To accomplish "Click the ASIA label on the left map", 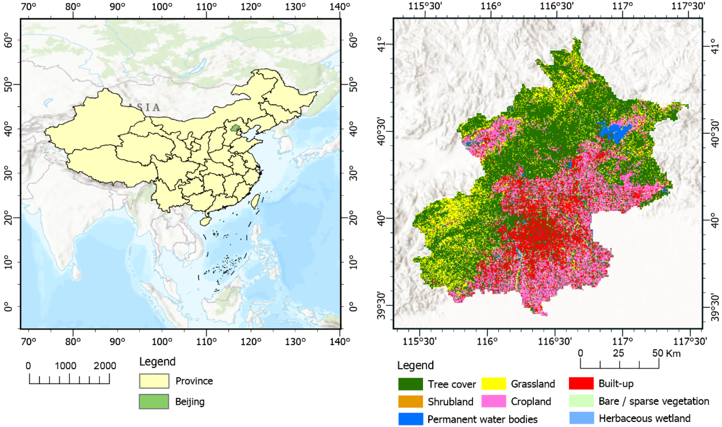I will coord(144,107).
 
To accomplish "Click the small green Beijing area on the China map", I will coord(236,128).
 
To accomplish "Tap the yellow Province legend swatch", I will coord(154,381).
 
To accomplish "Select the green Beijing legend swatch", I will coord(154,401).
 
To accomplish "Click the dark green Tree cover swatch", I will coord(410,384).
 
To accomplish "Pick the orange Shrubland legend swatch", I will coord(410,401).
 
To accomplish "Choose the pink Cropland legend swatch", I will coord(493,401).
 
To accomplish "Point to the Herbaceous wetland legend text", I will coord(645,418).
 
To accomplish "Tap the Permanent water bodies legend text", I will coord(482,419).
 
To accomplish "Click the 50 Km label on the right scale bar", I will coord(666,353).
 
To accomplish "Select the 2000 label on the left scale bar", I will coord(105,366).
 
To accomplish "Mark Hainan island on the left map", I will coord(204,221).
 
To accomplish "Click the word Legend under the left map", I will coord(157,362).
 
